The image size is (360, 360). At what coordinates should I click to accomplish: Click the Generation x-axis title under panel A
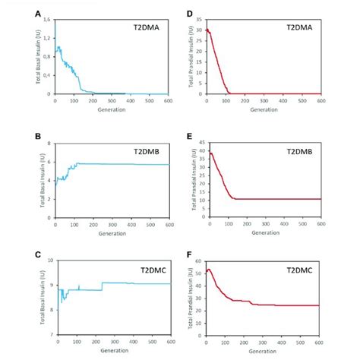(111, 108)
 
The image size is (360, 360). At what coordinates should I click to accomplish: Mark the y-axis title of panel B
(37, 178)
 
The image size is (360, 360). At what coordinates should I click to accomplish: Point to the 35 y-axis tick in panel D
(199, 19)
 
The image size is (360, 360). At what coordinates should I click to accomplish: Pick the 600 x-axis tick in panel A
(167, 99)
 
